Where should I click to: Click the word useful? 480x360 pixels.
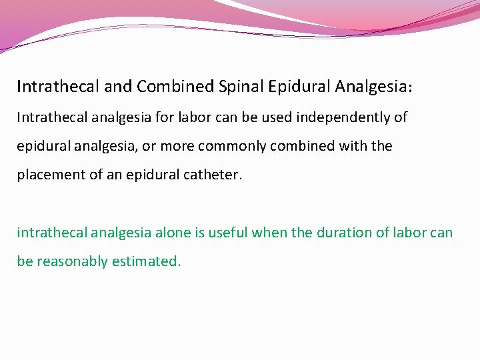coord(229,233)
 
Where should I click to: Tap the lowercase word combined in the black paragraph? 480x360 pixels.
coord(297,146)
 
